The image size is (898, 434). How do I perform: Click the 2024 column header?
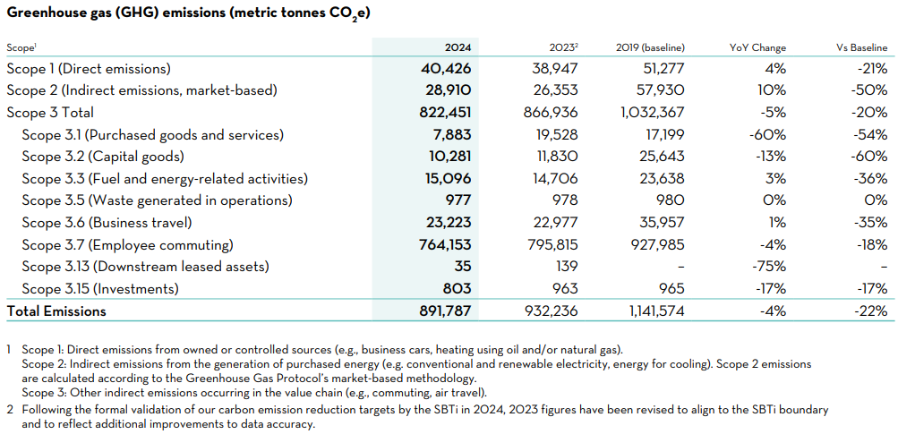[458, 47]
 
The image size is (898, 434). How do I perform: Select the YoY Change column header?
[757, 47]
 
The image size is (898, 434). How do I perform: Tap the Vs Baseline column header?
[860, 47]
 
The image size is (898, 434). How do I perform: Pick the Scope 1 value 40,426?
[446, 69]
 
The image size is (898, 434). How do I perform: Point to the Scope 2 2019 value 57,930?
[658, 90]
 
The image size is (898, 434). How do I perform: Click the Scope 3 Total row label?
[50, 113]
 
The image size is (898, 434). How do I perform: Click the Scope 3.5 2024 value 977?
[457, 200]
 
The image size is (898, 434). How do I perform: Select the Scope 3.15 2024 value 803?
[457, 289]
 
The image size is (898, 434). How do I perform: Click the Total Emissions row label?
[56, 311]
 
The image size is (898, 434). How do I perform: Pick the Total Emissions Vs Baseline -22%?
[870, 311]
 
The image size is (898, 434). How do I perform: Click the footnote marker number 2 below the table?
[8, 409]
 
